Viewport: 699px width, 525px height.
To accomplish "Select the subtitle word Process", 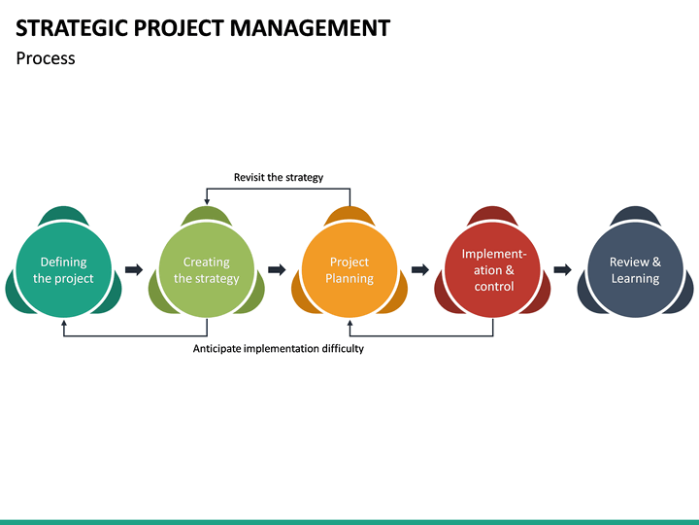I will [x=46, y=58].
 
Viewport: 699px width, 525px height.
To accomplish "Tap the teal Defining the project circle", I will [x=63, y=270].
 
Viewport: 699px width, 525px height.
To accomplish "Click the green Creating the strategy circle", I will [x=206, y=270].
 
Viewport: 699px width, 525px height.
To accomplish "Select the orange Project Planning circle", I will [x=349, y=270].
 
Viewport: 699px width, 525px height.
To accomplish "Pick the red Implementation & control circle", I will [x=493, y=270].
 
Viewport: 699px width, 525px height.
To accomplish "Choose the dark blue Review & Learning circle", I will [x=635, y=270].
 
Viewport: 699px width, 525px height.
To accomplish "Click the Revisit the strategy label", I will [x=279, y=177].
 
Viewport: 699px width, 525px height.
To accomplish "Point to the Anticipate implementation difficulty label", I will [x=279, y=348].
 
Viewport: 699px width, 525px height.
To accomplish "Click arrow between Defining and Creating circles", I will [x=134, y=269].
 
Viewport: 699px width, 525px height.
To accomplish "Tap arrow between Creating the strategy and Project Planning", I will [x=277, y=269].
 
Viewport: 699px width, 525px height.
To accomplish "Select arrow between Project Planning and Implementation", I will [x=420, y=269].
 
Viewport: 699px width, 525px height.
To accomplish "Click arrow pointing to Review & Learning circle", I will [x=562, y=269].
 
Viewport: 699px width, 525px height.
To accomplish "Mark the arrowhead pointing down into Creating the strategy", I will [x=207, y=200].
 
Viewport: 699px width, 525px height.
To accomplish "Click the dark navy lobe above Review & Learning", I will [x=635, y=214].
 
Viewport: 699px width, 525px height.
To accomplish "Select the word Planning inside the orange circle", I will [x=349, y=279].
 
